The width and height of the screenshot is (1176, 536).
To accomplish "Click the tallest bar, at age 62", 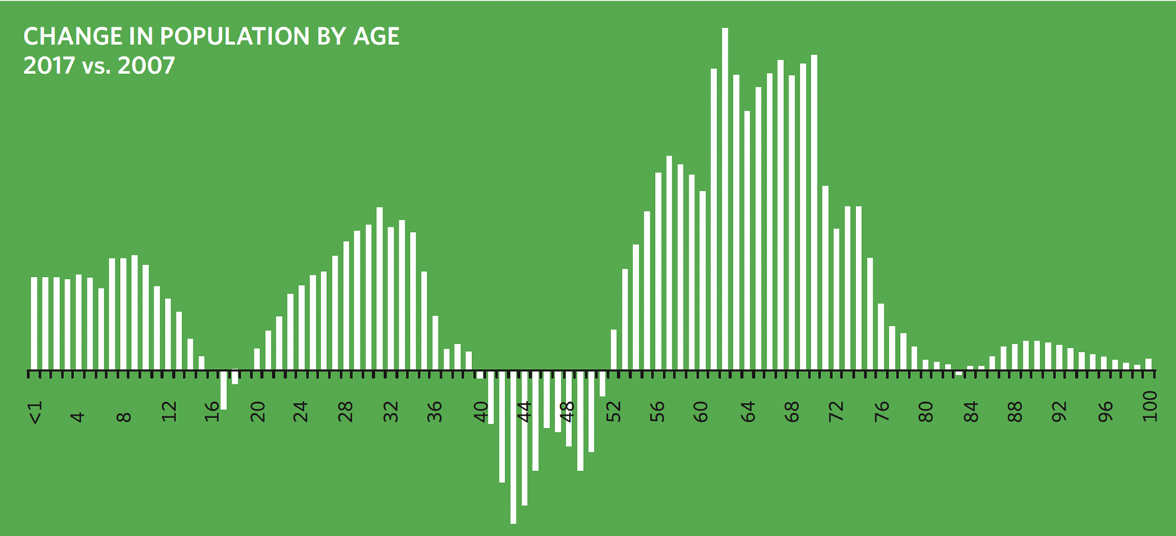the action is [x=725, y=199].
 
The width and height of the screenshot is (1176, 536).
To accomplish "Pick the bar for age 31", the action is [x=379, y=289].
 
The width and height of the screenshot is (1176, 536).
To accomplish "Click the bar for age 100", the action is [x=1148, y=364].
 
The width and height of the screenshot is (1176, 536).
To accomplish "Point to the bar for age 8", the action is [x=124, y=314].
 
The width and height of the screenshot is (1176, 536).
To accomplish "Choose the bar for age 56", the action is [x=658, y=271].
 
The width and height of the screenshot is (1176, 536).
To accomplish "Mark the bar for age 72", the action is [x=836, y=299].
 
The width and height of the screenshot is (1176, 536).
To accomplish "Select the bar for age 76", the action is [x=881, y=337].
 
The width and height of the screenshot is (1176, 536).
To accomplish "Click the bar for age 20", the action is [x=257, y=359].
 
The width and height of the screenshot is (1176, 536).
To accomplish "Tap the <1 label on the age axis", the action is [x=36, y=412].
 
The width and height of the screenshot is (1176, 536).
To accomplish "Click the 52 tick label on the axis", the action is [x=614, y=412].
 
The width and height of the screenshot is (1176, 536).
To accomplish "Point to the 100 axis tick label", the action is [x=1150, y=406].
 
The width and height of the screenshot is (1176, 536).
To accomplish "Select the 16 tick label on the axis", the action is [x=213, y=412].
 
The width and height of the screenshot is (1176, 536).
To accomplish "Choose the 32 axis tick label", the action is [x=391, y=412].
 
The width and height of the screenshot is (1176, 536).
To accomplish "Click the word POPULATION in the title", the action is [x=235, y=36].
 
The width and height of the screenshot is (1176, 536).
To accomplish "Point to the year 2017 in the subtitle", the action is [x=49, y=66].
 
